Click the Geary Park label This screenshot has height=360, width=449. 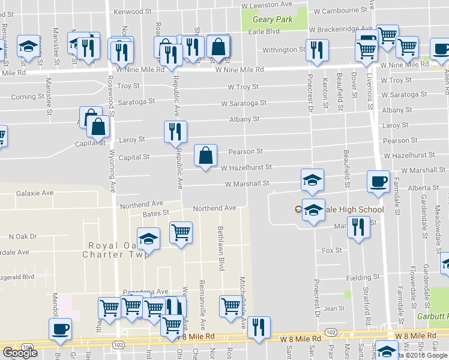[272, 20]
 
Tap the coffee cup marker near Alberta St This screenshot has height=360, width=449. [378, 182]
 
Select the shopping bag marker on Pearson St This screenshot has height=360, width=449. [206, 156]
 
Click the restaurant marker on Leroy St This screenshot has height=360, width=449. [175, 132]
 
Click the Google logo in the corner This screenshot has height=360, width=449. [20, 353]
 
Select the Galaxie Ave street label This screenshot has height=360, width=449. [35, 193]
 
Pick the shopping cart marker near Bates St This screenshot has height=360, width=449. [181, 232]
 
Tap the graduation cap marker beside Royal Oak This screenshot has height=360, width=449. [148, 239]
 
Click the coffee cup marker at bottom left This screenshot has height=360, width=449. [60, 329]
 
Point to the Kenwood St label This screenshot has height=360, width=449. [133, 11]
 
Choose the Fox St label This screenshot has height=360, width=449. [332, 250]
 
